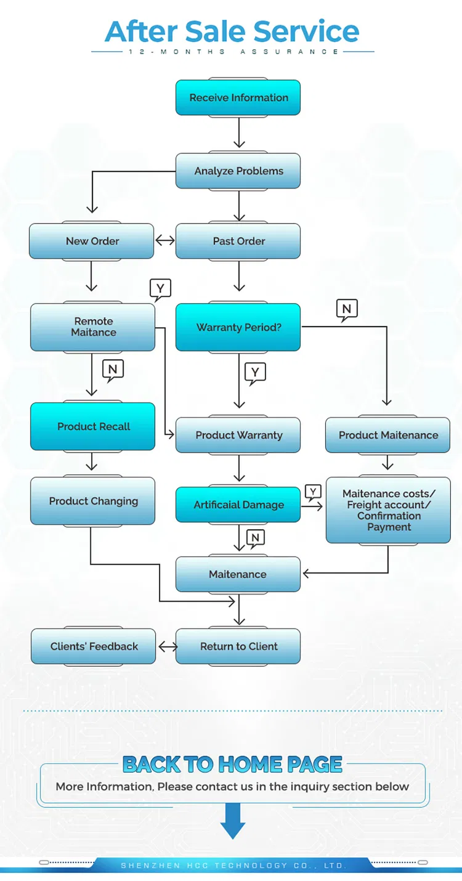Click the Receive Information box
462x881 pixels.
(238, 97)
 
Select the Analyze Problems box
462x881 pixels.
(238, 171)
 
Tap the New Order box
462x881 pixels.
(92, 241)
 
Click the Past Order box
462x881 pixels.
(238, 241)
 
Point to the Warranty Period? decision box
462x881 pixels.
(238, 327)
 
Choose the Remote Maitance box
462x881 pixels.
(92, 327)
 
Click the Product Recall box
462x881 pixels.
(92, 426)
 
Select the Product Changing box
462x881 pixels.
(92, 501)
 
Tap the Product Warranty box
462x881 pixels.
(238, 435)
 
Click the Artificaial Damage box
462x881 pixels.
(238, 505)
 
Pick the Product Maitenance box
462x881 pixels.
(388, 435)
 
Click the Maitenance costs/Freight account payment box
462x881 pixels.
(388, 510)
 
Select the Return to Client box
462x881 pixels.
(238, 646)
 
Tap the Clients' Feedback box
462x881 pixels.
(94, 646)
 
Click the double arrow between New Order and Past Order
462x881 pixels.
(165, 240)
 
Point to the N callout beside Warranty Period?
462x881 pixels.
(347, 309)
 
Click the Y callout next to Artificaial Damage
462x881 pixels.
(313, 492)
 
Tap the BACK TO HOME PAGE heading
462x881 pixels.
(232, 765)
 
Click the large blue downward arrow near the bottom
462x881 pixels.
(233, 821)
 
